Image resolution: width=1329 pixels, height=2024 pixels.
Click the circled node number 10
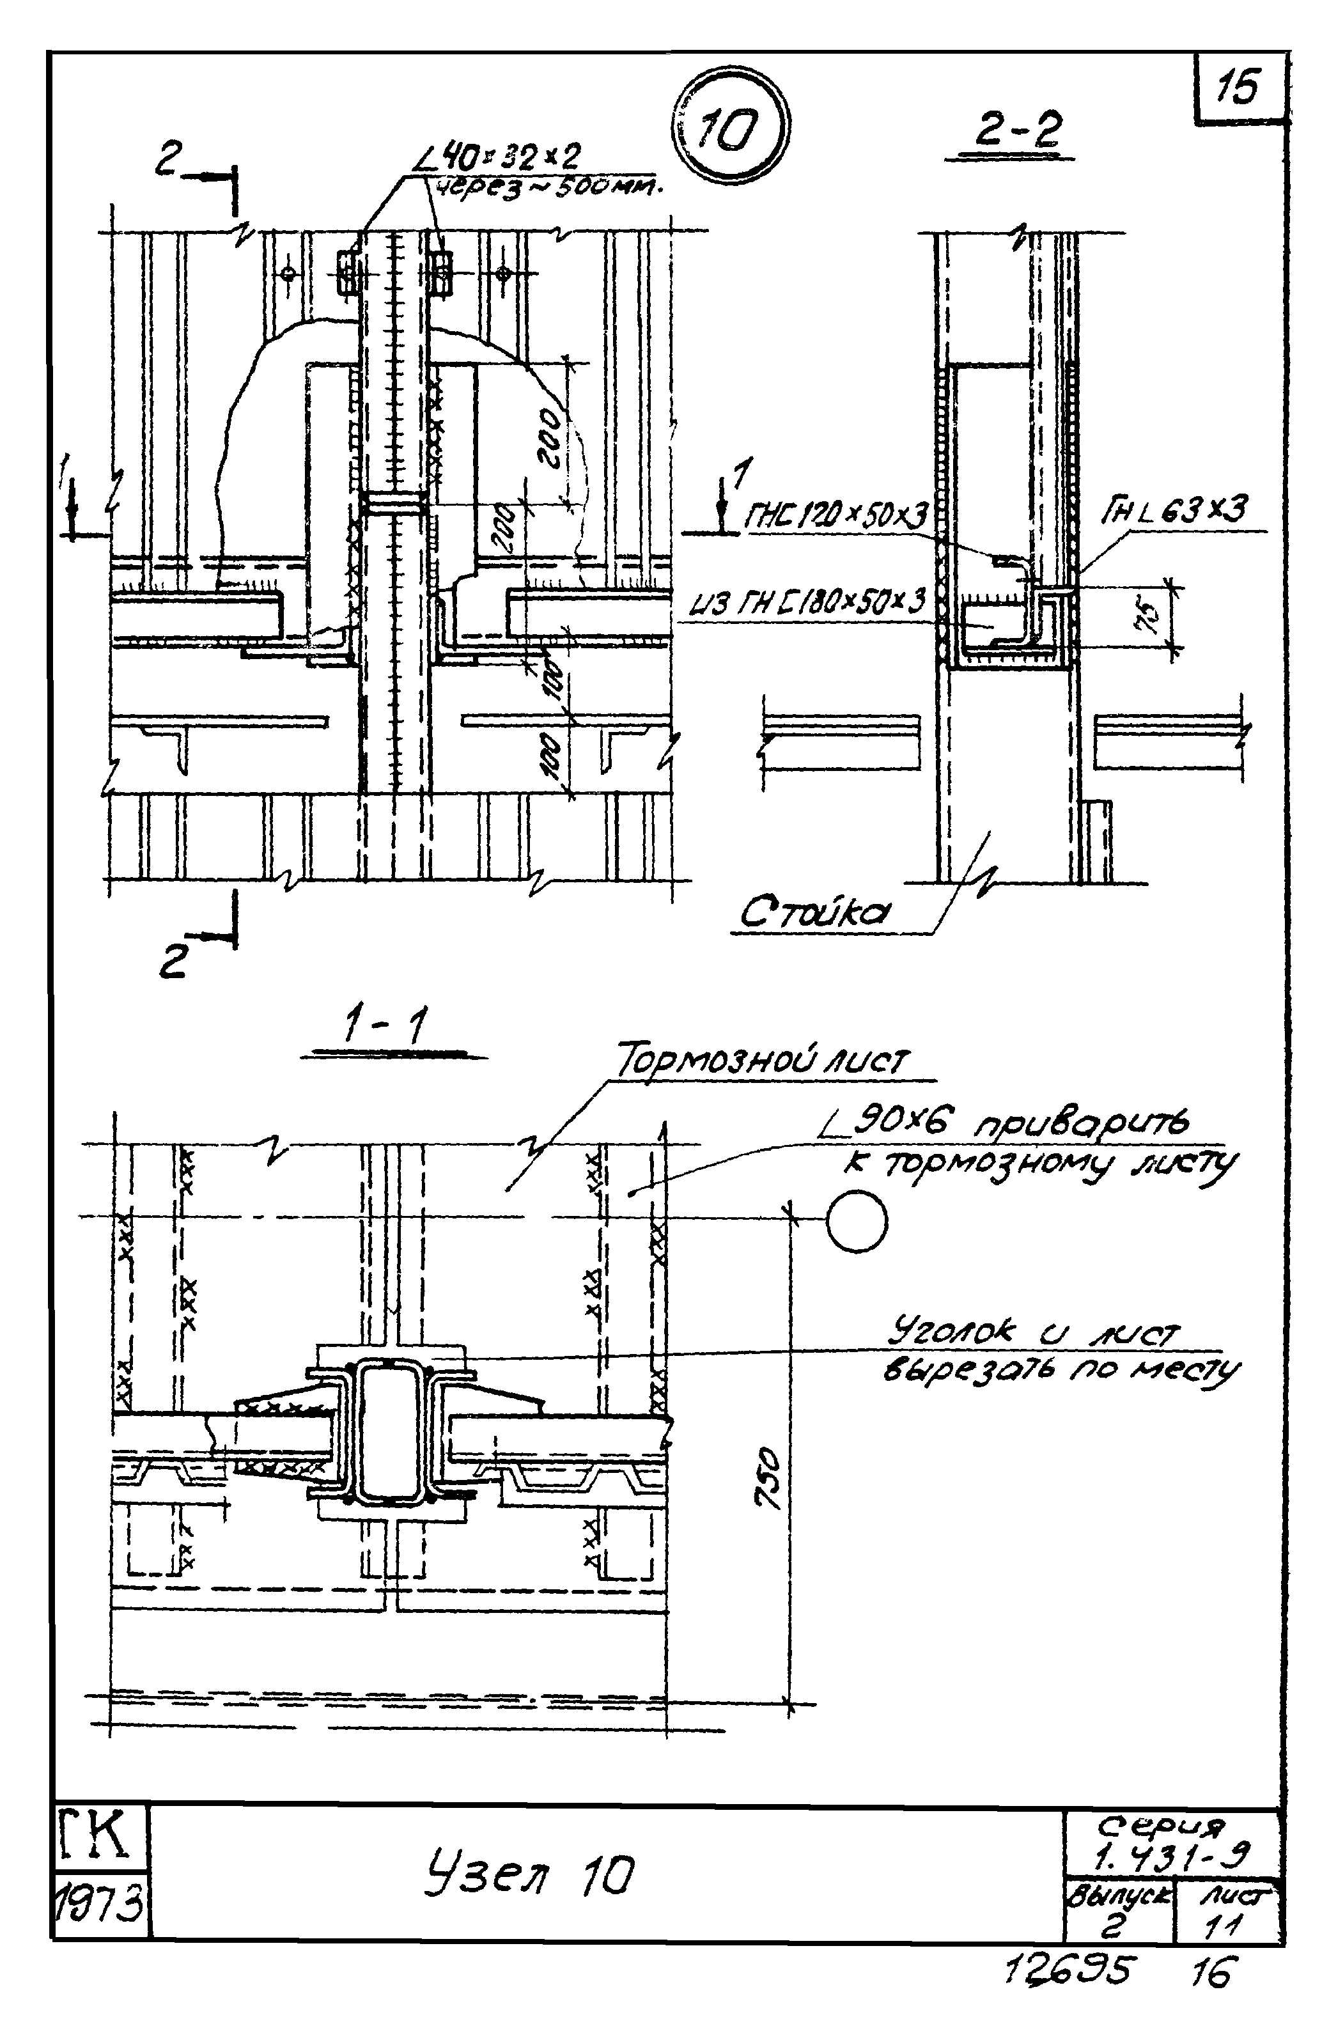pos(729,128)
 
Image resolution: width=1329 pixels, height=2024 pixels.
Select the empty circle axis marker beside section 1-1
pos(856,1221)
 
